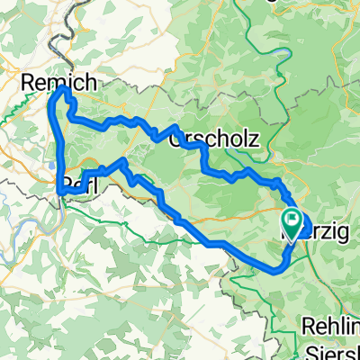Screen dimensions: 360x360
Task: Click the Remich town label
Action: (x=59, y=83)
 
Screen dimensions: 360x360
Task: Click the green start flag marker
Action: (x=293, y=219)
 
